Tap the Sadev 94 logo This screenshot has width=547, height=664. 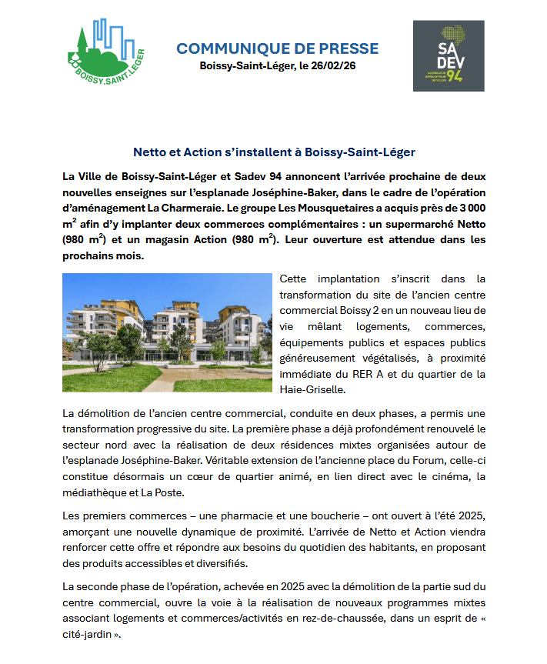point(449,56)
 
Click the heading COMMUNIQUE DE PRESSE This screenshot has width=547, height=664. point(277,48)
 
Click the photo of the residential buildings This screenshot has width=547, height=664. point(168,332)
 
